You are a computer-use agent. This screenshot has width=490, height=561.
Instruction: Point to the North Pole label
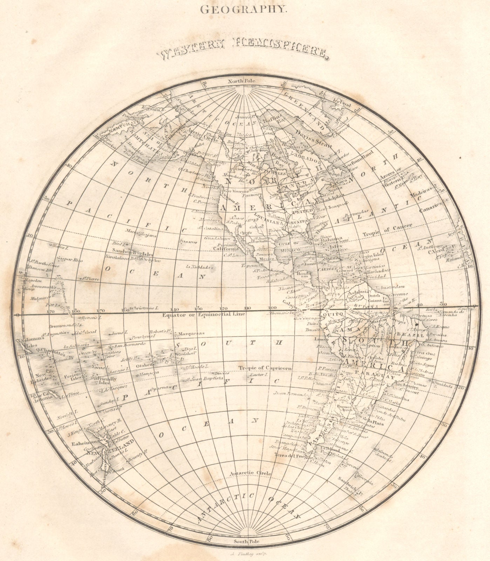242,81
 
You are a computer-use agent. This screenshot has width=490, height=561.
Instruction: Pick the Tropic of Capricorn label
265,368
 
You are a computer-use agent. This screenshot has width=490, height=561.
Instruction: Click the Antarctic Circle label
250,473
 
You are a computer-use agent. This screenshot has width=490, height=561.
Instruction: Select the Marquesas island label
189,333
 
